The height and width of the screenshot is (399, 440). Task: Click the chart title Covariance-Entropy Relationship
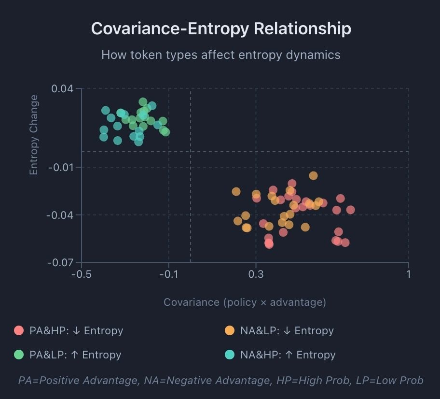coord(220,28)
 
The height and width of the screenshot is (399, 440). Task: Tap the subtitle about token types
coord(220,55)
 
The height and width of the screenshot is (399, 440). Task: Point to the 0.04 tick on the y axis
coord(63,89)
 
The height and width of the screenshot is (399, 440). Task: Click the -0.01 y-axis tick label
coord(61,168)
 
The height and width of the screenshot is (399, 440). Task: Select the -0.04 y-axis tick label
coord(61,215)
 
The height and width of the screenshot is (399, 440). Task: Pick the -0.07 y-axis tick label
coord(61,263)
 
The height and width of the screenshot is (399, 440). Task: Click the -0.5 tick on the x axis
coord(82,274)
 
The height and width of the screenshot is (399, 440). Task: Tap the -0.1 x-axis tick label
coord(168,274)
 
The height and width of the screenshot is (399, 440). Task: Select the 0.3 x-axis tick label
coord(256,274)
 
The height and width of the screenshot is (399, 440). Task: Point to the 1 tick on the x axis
coord(409,274)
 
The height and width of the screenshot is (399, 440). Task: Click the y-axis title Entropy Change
coord(34,135)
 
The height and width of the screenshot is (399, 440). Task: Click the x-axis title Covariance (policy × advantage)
coord(245,302)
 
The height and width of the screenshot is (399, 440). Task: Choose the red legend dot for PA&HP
coord(19,331)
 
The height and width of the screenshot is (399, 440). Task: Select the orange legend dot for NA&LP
coord(230,331)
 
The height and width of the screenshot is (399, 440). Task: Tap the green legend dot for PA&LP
coord(19,355)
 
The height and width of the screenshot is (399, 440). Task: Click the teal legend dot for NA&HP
coord(230,355)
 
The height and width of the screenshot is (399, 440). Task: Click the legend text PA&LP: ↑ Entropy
coord(75,355)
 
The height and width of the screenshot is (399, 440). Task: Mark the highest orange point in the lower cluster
coord(314,175)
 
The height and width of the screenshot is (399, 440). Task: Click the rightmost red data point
coord(350,210)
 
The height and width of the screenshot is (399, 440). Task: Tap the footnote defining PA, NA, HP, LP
coord(220,381)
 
